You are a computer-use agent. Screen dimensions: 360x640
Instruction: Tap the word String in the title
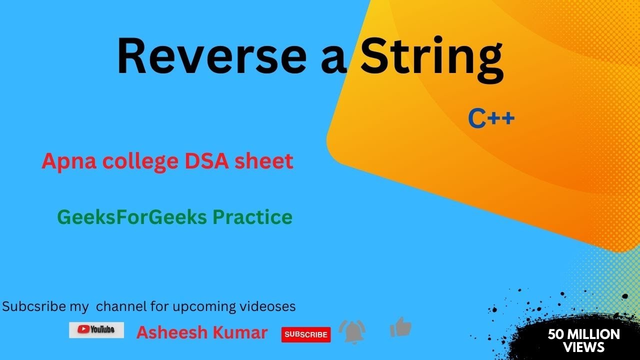point(431,59)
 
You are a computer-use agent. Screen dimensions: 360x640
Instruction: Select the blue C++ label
point(491,119)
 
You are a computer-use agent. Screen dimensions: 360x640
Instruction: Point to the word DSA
point(205,161)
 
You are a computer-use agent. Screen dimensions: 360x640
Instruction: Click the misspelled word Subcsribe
point(34,306)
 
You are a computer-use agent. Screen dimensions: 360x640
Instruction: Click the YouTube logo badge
point(96,329)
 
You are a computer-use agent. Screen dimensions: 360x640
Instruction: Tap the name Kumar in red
point(243,333)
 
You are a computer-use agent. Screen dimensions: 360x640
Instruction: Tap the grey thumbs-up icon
point(400,328)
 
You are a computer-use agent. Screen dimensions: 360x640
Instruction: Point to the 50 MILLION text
point(583,334)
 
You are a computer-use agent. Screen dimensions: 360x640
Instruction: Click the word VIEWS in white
point(583,347)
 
